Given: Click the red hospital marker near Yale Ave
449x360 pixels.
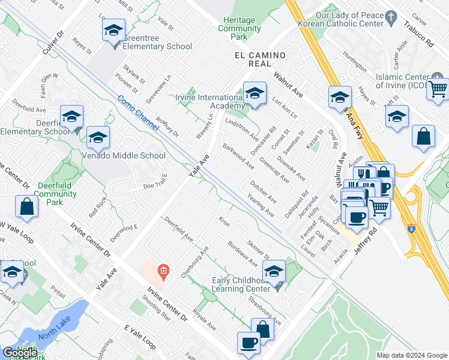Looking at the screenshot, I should click(162, 272).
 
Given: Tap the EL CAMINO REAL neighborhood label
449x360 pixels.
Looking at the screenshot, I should click(259, 55).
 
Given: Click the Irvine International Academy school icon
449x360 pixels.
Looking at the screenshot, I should click(255, 93).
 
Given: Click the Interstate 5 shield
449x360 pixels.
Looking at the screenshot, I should click(411, 229).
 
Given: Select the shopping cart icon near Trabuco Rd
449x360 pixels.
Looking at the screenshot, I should click(438, 89).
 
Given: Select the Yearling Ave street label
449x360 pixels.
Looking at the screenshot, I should click(261, 205).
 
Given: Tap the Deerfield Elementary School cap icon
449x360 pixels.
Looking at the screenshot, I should click(71, 118).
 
